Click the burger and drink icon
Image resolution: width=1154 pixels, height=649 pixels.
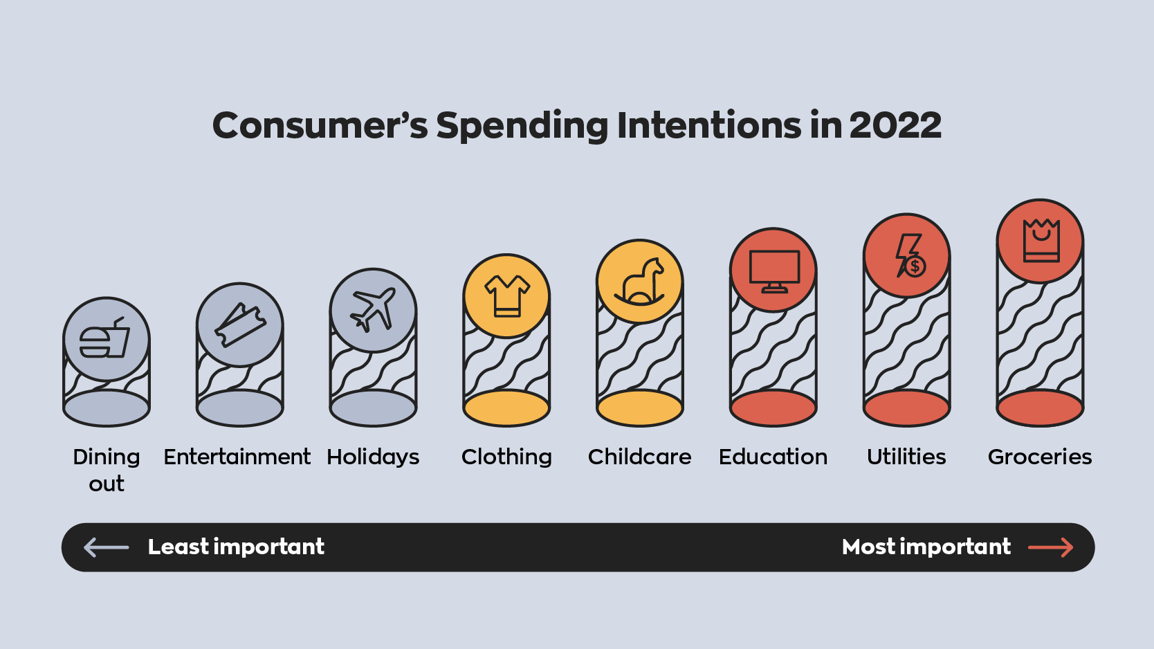pos(106,339)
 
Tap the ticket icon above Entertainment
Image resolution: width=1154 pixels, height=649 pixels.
pos(240,324)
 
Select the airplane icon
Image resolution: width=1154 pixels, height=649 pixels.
pos(373,310)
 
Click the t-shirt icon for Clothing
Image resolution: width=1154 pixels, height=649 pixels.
pos(506,295)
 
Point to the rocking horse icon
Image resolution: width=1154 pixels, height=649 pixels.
pos(640,282)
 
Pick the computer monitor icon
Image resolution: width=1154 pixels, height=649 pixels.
pos(773,271)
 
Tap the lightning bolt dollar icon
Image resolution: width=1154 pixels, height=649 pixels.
pos(908,255)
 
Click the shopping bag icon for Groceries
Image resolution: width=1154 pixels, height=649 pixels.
pos(1041,241)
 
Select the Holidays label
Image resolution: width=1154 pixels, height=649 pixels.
pos(373,457)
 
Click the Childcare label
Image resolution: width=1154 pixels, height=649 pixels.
pos(639,457)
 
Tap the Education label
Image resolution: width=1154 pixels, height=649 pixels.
pos(773,457)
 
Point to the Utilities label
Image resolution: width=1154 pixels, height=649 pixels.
pos(906,457)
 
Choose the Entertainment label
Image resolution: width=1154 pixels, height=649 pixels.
pos(237,457)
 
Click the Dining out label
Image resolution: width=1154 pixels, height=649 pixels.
pos(107,470)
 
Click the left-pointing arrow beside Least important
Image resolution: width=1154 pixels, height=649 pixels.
pos(106,547)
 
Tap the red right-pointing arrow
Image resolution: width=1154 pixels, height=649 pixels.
pos(1050,547)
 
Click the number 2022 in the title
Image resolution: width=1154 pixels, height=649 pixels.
pos(895,125)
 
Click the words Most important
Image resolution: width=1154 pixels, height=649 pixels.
pos(926,547)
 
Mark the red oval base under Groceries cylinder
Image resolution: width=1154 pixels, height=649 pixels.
pos(1040,408)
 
